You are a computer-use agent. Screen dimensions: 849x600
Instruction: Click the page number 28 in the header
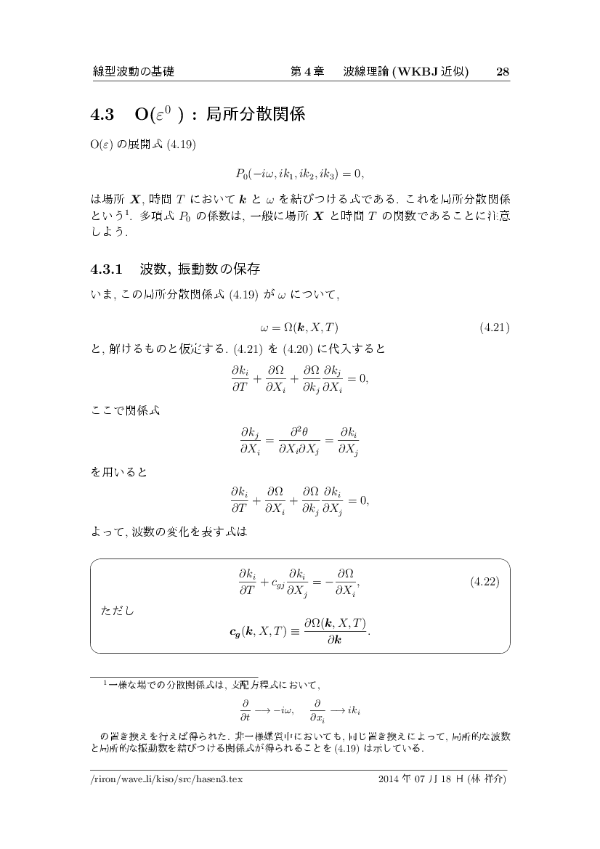(502, 71)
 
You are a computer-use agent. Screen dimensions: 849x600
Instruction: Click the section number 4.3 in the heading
(102, 115)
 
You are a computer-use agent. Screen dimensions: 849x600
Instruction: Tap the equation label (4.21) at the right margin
(495, 328)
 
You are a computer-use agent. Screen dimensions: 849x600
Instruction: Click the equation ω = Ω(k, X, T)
(299, 328)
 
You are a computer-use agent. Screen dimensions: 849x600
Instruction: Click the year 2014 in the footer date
(390, 779)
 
